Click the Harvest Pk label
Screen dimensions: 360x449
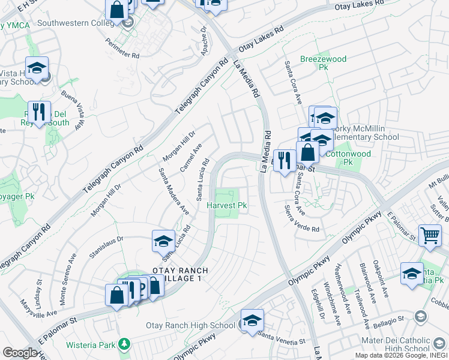pos(227,205)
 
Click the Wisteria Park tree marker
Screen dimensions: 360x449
pos(124,344)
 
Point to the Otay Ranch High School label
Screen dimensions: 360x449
pos(191,325)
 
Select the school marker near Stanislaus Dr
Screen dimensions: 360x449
pos(163,241)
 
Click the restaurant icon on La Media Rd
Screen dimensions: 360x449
pos(284,160)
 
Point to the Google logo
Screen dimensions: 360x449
pos(20,353)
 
